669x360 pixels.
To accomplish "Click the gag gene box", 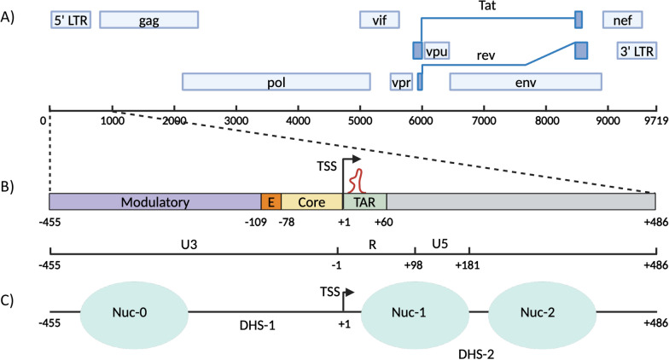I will (149, 20).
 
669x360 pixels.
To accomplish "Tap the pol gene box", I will (276, 82).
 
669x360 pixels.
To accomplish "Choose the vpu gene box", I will (437, 50).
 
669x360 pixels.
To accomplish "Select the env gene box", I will (526, 82).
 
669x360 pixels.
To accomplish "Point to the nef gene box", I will (629, 20).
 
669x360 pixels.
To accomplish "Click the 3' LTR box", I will (637, 50).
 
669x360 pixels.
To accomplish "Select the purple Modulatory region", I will (154, 202).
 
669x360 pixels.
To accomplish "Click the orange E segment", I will (271, 202).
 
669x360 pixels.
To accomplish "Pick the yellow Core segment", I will (311, 202).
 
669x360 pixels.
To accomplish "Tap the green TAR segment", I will (364, 202).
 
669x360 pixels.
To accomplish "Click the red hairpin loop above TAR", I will (359, 180).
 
